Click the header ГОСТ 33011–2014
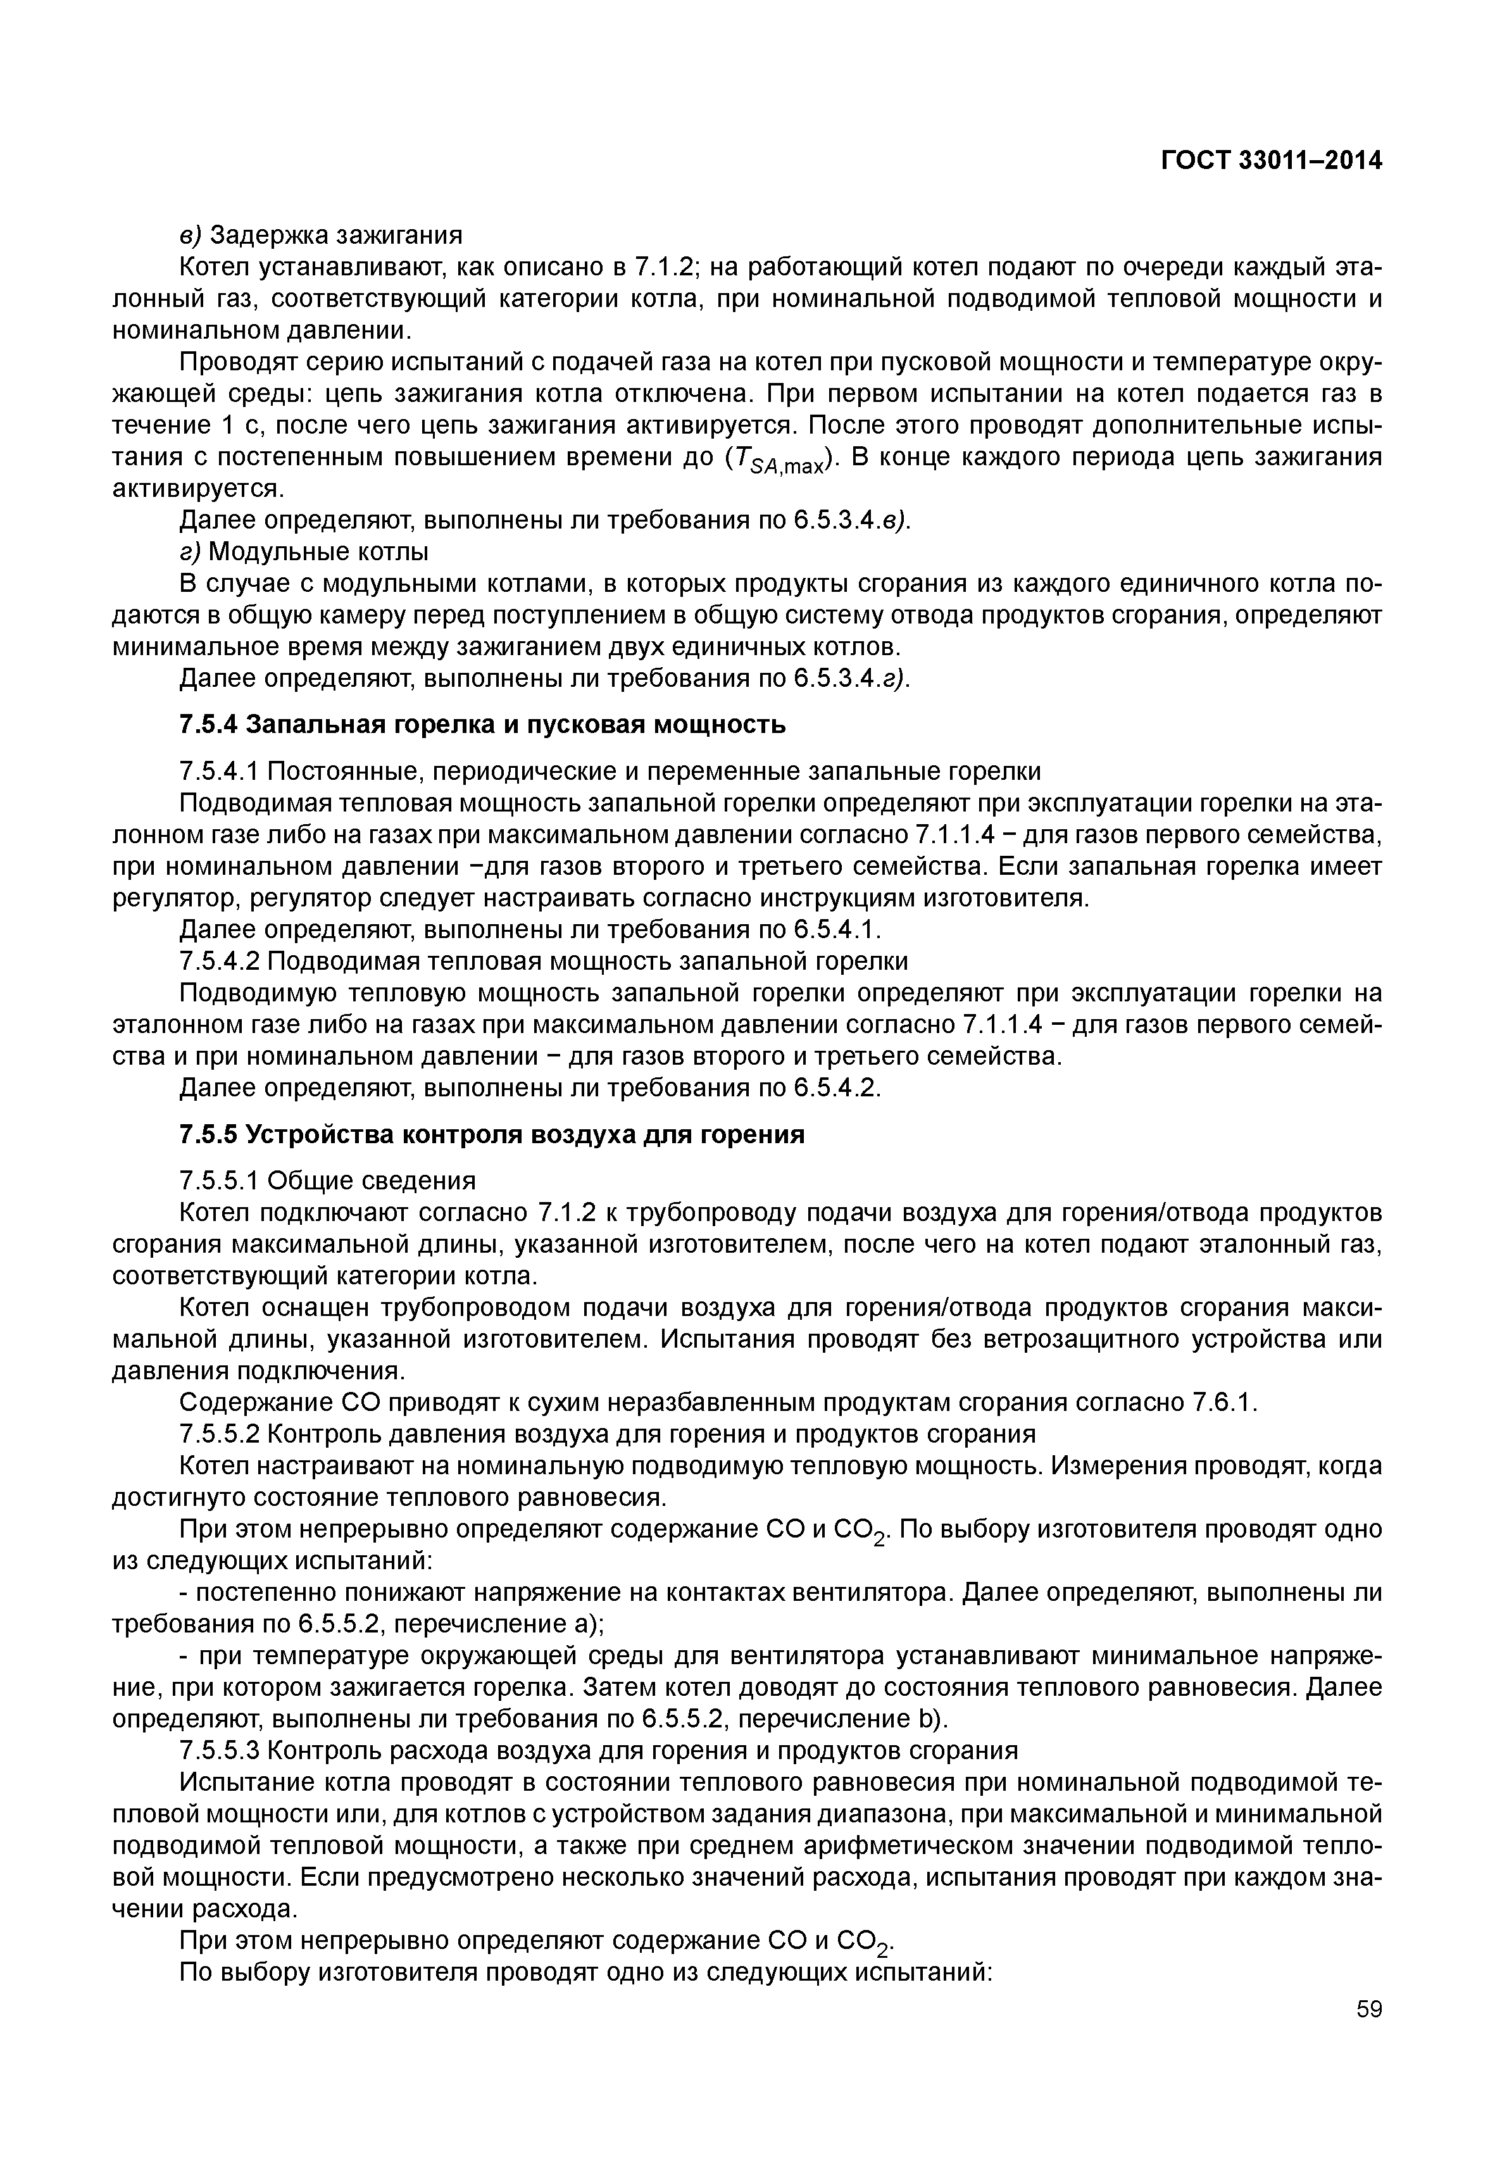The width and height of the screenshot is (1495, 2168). pos(1271,161)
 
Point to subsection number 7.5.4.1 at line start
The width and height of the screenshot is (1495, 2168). pos(219,772)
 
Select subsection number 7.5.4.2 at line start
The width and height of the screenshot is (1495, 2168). pos(219,962)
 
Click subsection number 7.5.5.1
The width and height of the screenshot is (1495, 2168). pos(219,1181)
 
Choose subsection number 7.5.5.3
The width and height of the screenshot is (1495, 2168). pos(219,1751)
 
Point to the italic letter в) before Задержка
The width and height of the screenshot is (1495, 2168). pos(190,234)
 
